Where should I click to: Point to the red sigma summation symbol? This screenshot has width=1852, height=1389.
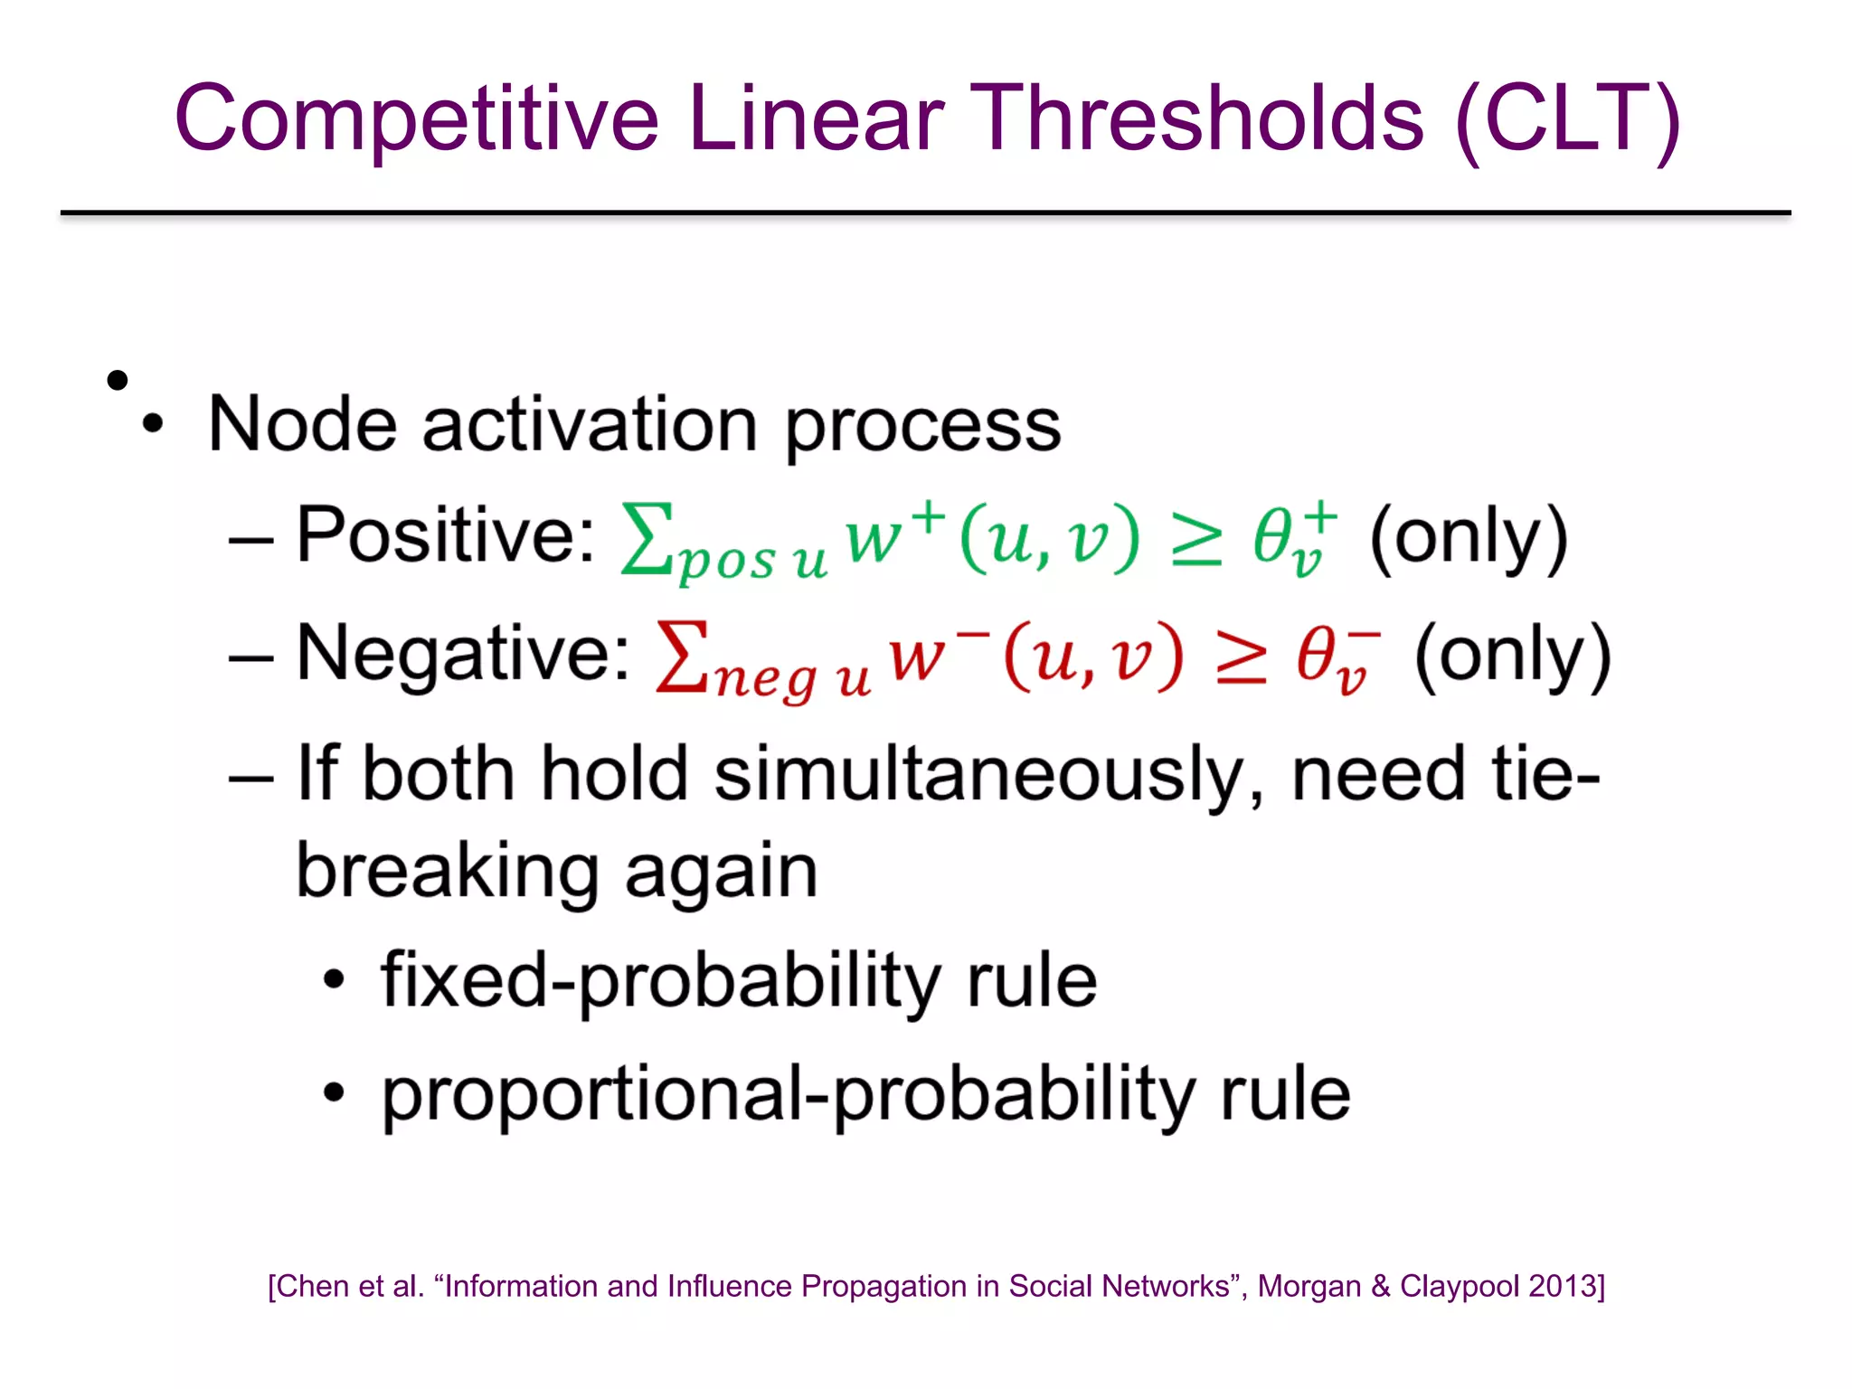tap(683, 657)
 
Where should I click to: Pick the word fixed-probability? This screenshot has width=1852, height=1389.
tap(659, 981)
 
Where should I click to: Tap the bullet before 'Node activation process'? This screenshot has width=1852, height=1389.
tap(153, 424)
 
